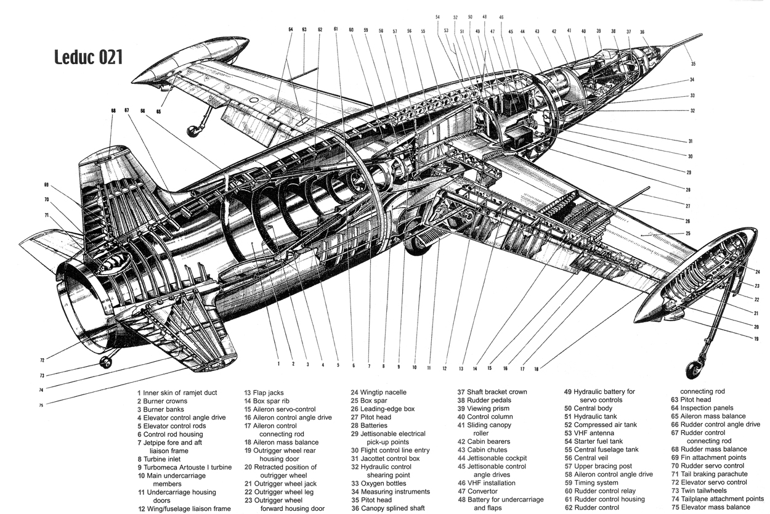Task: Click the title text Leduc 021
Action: point(88,57)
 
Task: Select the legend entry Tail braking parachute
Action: point(709,474)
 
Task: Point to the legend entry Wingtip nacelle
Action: point(384,392)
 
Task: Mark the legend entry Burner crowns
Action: point(166,401)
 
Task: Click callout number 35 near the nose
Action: point(693,63)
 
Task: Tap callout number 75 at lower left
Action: point(41,405)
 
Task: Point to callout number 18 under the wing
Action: point(536,369)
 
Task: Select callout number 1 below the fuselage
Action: point(278,364)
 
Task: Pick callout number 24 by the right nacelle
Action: point(757,272)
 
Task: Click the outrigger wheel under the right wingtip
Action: point(695,370)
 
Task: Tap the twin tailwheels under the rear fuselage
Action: point(106,362)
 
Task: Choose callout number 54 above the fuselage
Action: point(437,17)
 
